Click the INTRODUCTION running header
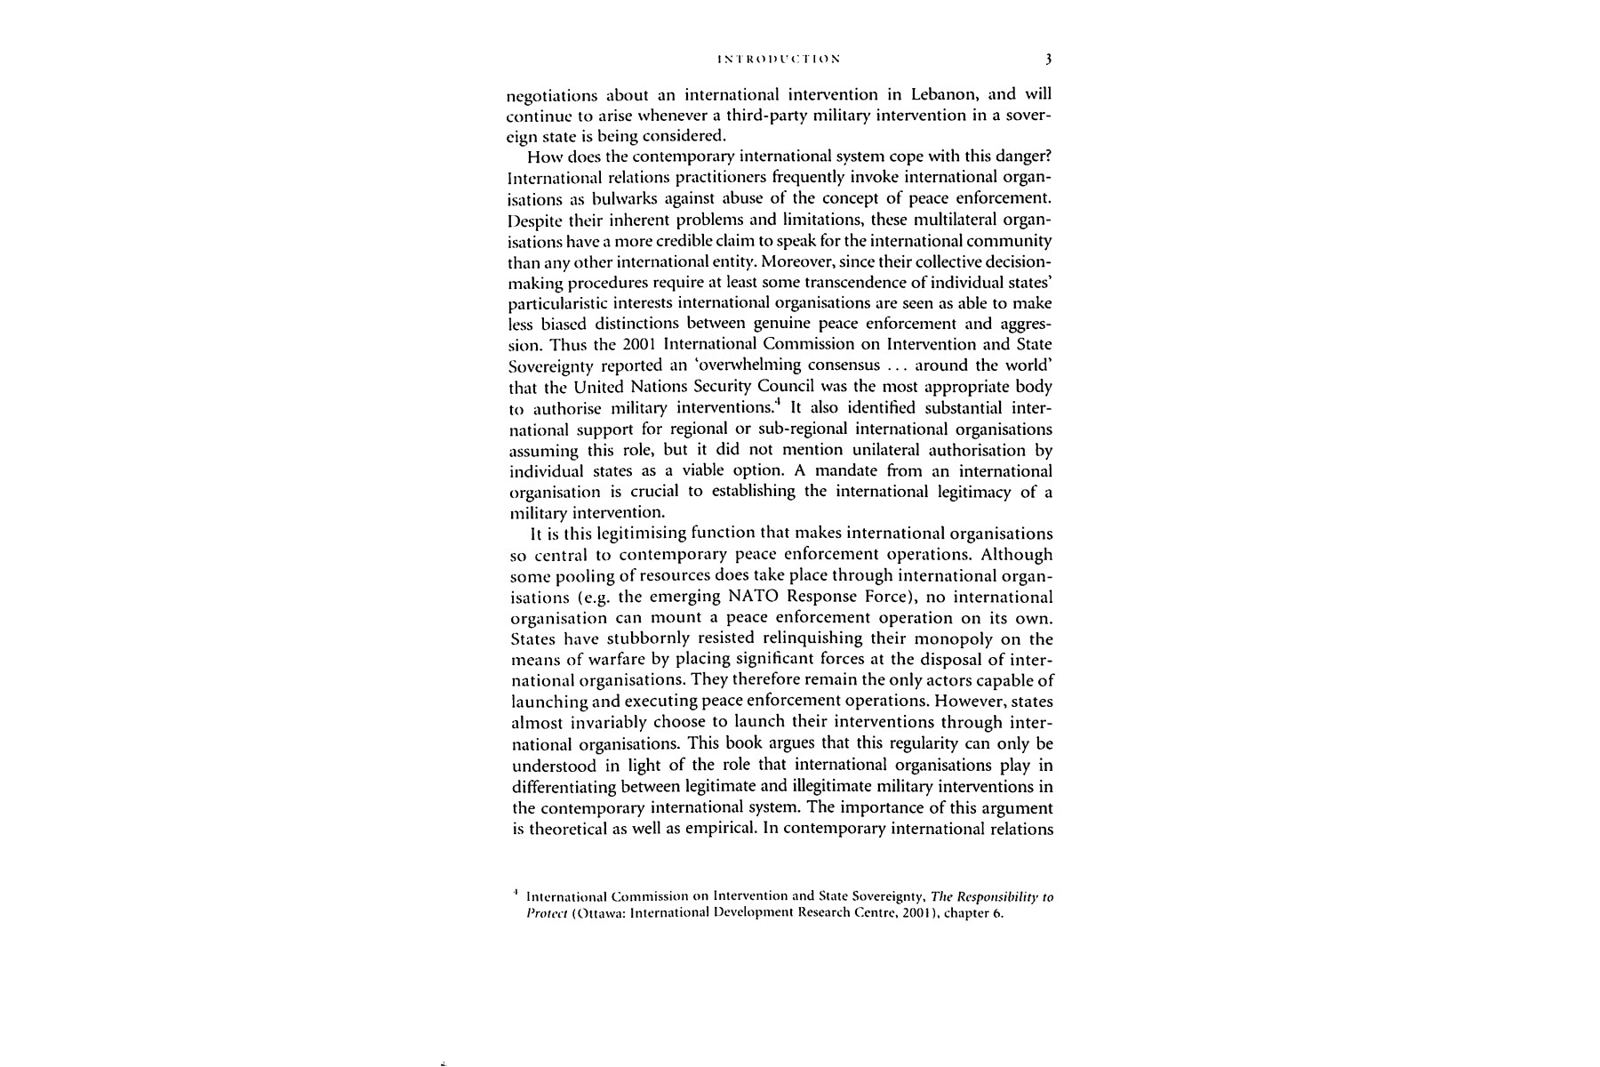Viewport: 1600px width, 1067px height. click(778, 60)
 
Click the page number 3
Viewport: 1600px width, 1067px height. click(1049, 60)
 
